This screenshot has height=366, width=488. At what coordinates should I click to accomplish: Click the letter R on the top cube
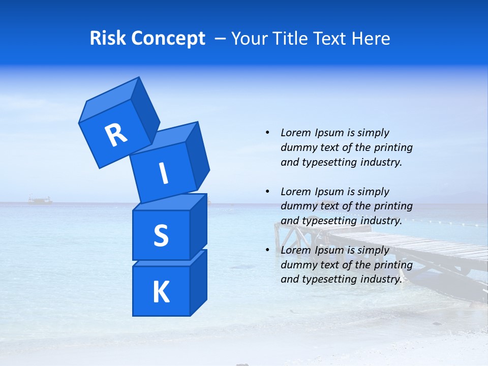(x=116, y=135)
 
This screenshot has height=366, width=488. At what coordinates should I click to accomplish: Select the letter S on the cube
(x=161, y=235)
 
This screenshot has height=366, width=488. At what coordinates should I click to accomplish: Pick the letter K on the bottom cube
(x=161, y=292)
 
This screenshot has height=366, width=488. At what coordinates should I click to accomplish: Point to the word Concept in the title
(x=168, y=39)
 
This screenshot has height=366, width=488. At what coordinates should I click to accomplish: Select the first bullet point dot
(x=267, y=133)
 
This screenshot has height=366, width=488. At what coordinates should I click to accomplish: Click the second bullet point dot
(x=267, y=192)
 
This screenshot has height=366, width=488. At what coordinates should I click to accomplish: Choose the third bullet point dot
(x=267, y=250)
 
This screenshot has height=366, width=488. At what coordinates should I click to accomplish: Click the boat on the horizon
(x=40, y=200)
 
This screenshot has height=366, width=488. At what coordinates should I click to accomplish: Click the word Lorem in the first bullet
(x=296, y=133)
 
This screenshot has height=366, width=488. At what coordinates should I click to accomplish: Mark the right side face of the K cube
(x=198, y=282)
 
